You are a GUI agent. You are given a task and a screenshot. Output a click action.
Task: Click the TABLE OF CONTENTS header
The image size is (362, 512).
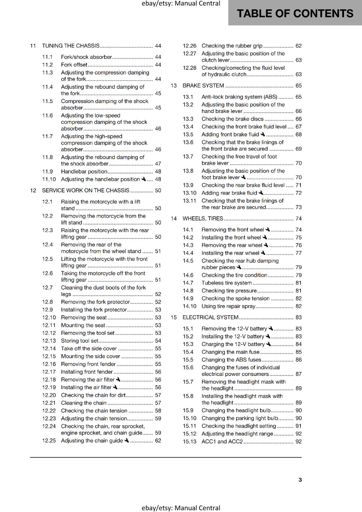pyautogui.click(x=295, y=13)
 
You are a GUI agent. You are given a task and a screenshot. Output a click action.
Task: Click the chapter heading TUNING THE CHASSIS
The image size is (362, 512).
pyautogui.click(x=71, y=46)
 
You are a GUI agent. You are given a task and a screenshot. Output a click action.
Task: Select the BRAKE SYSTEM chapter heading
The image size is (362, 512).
pyautogui.click(x=203, y=86)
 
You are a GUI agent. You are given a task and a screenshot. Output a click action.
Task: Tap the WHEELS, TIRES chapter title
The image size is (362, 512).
pyautogui.click(x=203, y=219)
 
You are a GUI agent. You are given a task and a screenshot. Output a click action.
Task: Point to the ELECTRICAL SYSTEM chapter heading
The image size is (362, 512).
pyautogui.click(x=210, y=317)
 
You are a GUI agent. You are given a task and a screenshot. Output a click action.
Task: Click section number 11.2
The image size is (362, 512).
pyautogui.click(x=47, y=65)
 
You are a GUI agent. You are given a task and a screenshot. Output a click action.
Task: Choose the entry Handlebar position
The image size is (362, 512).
pyautogui.click(x=84, y=172)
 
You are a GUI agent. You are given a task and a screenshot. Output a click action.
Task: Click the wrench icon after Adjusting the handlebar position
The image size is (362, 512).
pyautogui.click(x=144, y=179)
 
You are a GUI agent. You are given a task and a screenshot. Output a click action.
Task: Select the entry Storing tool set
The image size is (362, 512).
pyautogui.click(x=79, y=341)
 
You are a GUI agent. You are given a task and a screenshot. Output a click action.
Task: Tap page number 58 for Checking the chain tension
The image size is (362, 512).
pyautogui.click(x=158, y=411)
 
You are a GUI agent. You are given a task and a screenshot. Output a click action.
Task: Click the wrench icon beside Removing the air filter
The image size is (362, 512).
pyautogui.click(x=118, y=380)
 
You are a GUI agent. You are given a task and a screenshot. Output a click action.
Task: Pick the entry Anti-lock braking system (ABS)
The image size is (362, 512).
pyautogui.click(x=239, y=97)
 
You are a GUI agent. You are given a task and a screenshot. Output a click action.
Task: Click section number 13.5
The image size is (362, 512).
pyautogui.click(x=188, y=135)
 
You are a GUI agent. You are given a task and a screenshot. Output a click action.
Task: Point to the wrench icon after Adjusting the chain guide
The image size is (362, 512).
pyautogui.click(x=127, y=441)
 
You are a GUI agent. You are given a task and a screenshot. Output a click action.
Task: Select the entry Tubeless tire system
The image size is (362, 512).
pyautogui.click(x=226, y=283)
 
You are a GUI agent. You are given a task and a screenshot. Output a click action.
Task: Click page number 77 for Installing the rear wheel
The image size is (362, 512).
pyautogui.click(x=299, y=253)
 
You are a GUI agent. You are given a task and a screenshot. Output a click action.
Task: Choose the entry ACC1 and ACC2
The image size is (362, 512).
pyautogui.click(x=222, y=442)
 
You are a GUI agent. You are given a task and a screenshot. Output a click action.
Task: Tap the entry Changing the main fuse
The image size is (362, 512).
pyautogui.click(x=230, y=352)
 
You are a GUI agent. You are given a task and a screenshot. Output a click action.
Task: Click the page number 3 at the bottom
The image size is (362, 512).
pyautogui.click(x=300, y=480)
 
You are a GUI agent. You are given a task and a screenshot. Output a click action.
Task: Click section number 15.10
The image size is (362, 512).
pyautogui.click(x=189, y=418)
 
